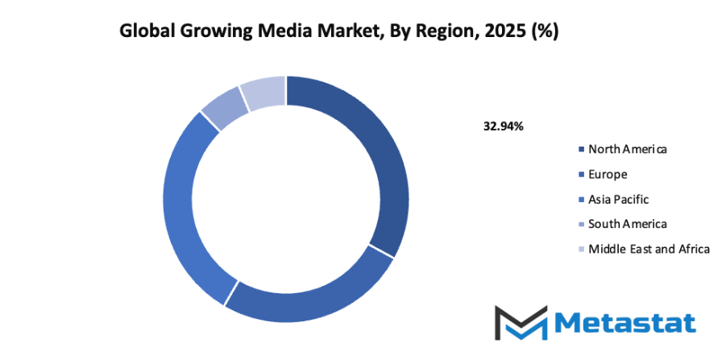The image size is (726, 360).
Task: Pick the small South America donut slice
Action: [226, 109]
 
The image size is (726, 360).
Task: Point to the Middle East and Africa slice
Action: [264, 93]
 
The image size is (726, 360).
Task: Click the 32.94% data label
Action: [504, 126]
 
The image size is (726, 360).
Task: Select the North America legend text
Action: [628, 149]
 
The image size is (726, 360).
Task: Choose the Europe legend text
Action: [608, 174]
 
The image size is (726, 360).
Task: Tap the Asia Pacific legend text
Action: [618, 199]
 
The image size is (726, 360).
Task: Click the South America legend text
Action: [628, 224]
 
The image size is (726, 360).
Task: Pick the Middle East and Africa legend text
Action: [649, 249]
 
